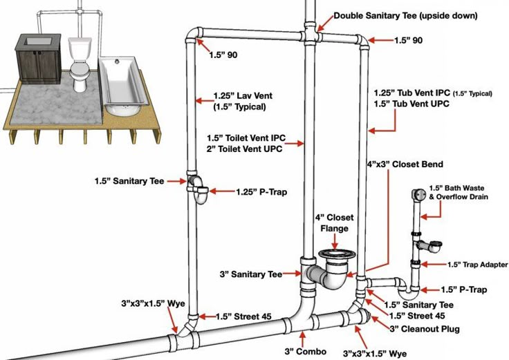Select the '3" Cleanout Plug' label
click(x=425, y=329)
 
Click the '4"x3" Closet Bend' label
click(x=405, y=164)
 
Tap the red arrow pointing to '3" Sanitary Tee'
click(x=291, y=274)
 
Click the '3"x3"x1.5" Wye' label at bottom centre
click(x=375, y=353)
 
